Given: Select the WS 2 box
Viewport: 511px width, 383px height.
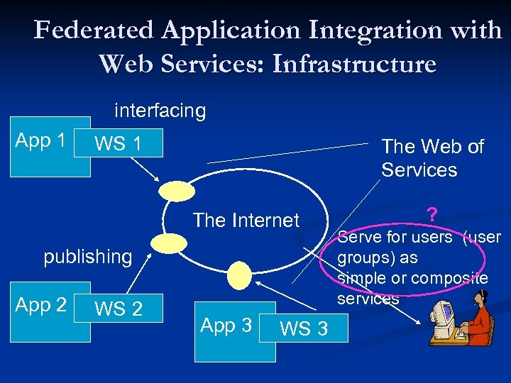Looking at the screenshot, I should (120, 309).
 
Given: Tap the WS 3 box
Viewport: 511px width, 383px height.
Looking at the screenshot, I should (304, 328).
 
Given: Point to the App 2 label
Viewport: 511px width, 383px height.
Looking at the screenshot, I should (41, 305).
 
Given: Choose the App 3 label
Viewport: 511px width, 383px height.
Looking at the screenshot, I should (226, 326).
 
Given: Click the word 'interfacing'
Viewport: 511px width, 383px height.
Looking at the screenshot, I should (160, 111).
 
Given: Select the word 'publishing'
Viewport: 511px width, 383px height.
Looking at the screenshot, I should (88, 256).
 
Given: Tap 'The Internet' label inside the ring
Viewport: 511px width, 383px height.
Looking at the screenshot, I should (246, 220).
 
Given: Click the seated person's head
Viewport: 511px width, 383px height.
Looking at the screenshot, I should (483, 298).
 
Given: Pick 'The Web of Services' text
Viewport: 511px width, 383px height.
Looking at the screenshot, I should (432, 158).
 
